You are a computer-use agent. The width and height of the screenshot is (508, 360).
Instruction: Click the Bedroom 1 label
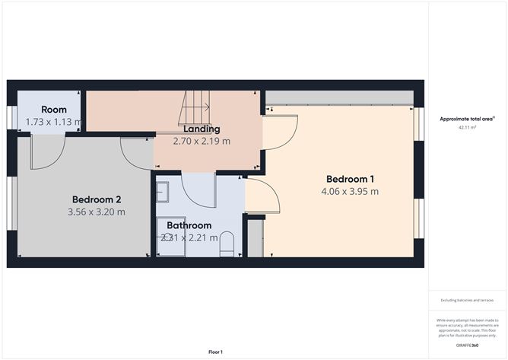[x=350, y=179]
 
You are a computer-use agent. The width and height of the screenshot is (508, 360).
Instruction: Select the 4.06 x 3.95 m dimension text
[x=350, y=192]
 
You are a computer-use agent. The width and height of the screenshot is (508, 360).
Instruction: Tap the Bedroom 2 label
[x=96, y=199]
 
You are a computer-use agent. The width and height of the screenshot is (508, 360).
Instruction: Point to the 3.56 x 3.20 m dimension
[x=96, y=212]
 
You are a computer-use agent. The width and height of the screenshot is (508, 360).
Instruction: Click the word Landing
[x=202, y=129]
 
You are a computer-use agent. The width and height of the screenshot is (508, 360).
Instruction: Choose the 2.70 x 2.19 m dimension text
[x=202, y=141]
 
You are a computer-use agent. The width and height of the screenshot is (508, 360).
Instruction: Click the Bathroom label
[x=189, y=225]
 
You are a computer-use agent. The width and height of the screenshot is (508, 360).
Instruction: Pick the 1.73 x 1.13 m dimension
[x=53, y=122]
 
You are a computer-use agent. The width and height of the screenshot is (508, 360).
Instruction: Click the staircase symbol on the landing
[x=195, y=108]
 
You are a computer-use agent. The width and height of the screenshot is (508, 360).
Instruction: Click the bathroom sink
[x=163, y=193]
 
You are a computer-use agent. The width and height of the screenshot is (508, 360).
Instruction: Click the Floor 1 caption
[x=216, y=352]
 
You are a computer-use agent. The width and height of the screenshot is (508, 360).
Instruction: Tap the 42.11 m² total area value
[x=467, y=128]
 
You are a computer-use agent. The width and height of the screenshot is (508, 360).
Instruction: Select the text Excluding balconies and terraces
[x=467, y=301]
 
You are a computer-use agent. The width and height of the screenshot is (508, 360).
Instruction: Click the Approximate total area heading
[x=467, y=119]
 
